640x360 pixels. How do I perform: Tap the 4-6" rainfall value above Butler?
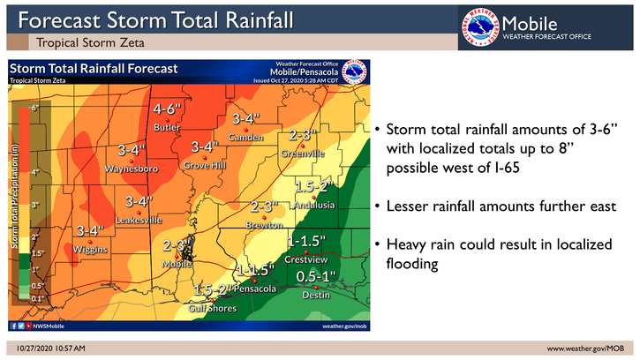point(167,110)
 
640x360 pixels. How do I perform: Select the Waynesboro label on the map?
point(131,167)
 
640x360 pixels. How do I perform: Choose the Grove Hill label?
point(206,165)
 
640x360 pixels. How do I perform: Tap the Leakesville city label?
point(139,219)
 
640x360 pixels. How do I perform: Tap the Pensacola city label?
point(257,289)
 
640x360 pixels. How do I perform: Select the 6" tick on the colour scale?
point(34,108)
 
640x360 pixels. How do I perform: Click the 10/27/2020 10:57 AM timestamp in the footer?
point(50,349)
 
